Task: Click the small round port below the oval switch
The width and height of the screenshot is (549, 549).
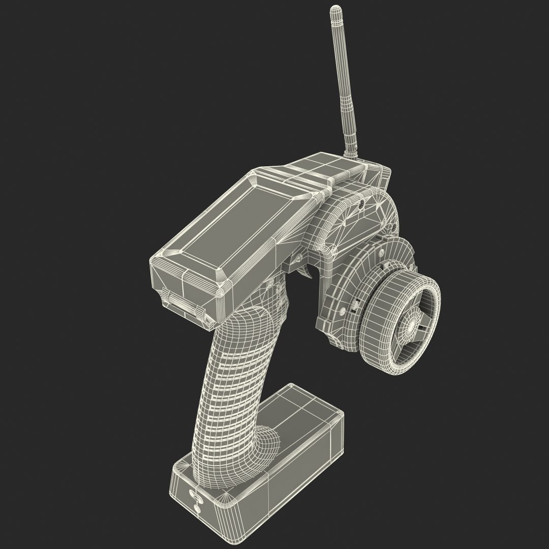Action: coord(197,508)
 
